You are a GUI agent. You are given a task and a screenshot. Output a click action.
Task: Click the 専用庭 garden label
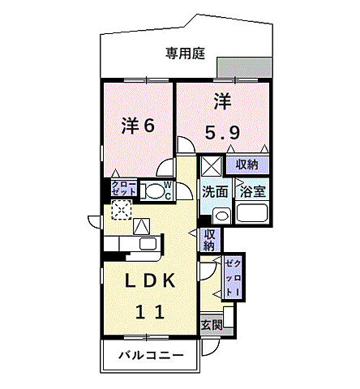point(186,53)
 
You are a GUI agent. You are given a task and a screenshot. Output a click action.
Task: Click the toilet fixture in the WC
point(152,190)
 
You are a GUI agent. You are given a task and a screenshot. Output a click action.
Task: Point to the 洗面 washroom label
point(215,192)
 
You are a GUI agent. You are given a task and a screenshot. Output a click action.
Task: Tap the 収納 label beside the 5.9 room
point(247,165)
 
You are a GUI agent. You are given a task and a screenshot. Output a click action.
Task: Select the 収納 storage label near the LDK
point(209,239)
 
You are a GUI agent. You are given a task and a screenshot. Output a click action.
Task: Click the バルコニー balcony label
point(148,355)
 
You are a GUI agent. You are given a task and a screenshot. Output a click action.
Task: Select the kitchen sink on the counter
point(148,243)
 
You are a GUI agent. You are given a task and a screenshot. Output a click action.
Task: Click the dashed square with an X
point(120,210)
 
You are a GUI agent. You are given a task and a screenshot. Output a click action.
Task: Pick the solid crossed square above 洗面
point(210,165)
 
